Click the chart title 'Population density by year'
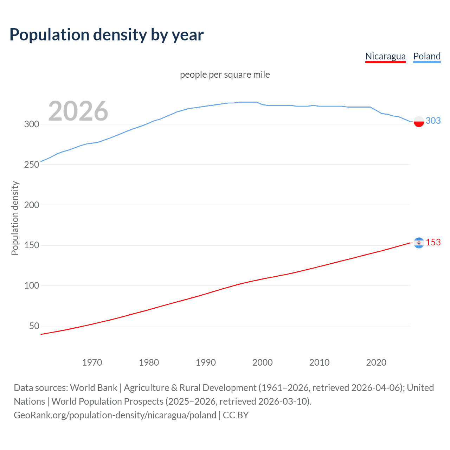pos(107,35)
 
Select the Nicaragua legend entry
pos(385,56)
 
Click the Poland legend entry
pos(427,56)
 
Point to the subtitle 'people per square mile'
pos(225,75)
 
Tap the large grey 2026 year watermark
pos(78,111)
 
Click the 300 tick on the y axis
pos(31,124)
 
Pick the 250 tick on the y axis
pos(31,165)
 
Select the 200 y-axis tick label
pos(31,205)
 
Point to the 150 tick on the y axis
pos(31,245)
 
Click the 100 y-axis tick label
pos(31,286)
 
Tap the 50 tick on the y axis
pos(34,326)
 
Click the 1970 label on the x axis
pos(92,362)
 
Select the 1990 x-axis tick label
pos(206,362)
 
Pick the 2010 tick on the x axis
pos(319,362)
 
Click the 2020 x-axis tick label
pos(376,362)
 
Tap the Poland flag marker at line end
pos(419,121)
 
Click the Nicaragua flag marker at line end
pos(419,243)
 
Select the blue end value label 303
pos(433,121)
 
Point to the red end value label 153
pos(433,242)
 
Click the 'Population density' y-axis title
pos(15,218)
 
